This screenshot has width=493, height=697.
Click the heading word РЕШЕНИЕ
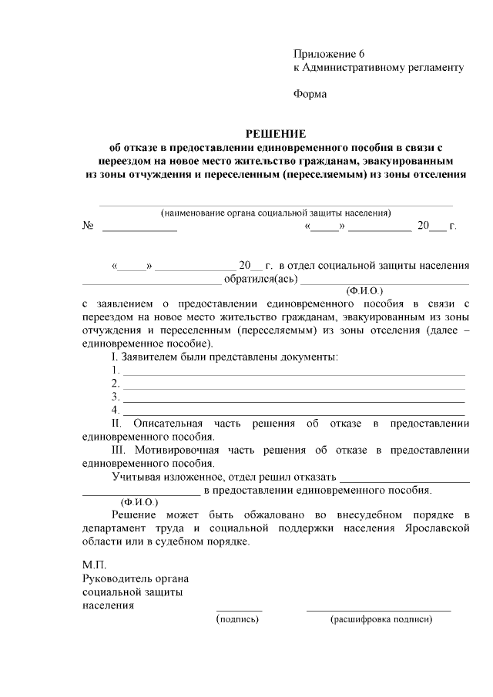275,133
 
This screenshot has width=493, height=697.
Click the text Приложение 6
328,54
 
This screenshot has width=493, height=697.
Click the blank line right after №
139,229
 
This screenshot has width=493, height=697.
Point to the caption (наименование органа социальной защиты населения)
275,213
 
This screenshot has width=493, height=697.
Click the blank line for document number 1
293,373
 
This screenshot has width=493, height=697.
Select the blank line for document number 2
293,386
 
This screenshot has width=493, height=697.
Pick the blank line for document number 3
293,399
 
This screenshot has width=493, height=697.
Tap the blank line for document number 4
293,412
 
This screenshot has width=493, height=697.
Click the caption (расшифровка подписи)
378,618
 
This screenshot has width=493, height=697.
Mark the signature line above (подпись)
239,609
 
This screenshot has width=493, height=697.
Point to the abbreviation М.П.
95,565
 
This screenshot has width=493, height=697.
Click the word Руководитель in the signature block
115,578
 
